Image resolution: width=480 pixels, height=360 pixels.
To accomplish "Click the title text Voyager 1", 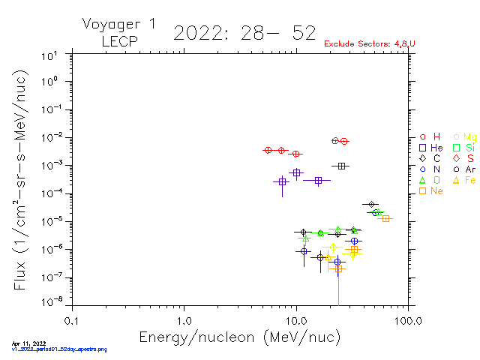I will click(x=119, y=24).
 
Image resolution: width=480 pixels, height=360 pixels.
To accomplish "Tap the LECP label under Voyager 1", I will click(x=119, y=42).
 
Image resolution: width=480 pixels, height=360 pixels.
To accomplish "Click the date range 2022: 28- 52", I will click(x=244, y=33).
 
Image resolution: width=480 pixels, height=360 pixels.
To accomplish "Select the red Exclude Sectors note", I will click(x=370, y=44).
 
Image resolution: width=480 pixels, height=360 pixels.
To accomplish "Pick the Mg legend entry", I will click(x=464, y=136).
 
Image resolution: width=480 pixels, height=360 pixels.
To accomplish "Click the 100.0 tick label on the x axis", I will click(x=407, y=319).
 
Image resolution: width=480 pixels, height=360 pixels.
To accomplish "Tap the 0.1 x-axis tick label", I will click(x=71, y=319).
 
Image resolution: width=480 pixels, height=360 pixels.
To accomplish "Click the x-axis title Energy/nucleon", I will click(x=240, y=337).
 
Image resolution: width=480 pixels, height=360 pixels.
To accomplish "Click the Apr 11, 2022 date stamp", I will click(x=25, y=343).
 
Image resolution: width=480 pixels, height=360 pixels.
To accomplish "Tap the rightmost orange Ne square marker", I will click(x=386, y=218).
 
